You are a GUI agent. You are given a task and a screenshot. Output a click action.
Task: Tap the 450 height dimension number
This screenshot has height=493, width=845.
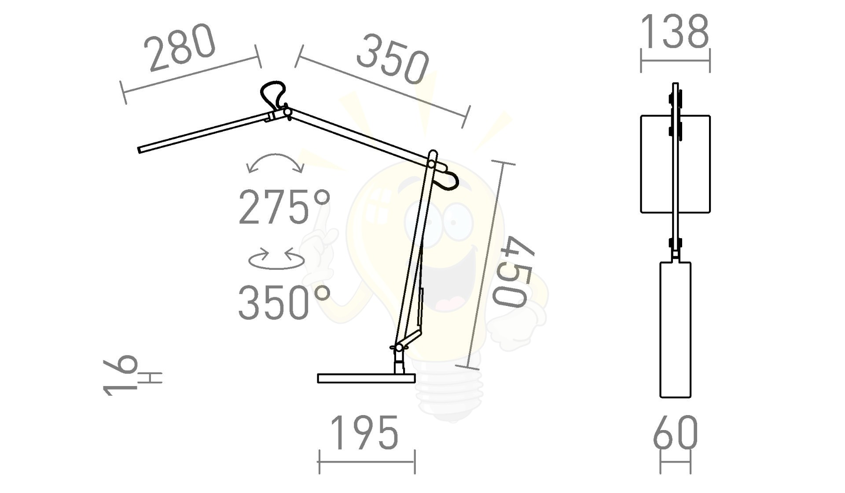tap(514, 272)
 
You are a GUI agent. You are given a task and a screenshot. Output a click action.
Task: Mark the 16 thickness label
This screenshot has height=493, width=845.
tap(120, 375)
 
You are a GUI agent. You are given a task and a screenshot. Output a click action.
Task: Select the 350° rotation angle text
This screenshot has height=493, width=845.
tap(284, 302)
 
